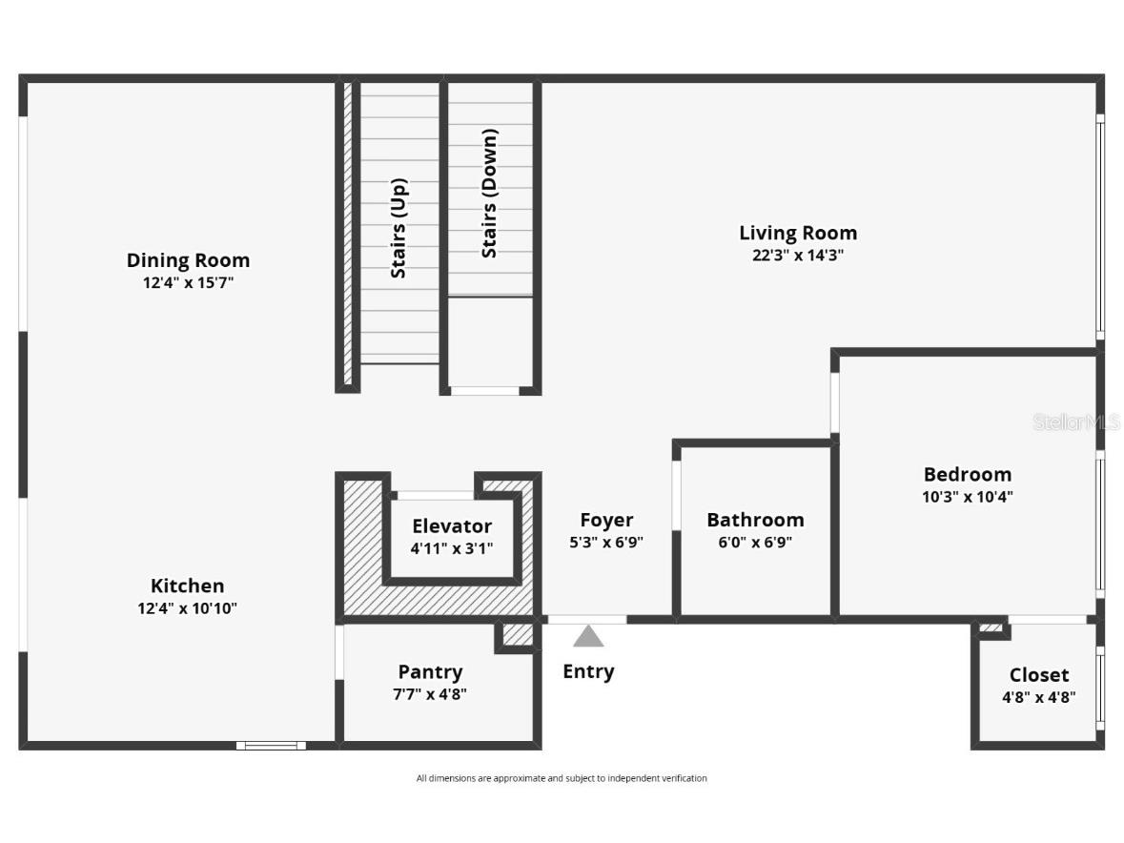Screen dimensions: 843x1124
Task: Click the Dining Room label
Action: click(188, 260)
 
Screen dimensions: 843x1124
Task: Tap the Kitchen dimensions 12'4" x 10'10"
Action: click(187, 608)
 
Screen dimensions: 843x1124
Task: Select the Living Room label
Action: click(798, 233)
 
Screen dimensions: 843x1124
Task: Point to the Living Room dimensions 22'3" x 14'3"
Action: click(798, 256)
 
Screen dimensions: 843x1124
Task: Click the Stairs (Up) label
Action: click(399, 229)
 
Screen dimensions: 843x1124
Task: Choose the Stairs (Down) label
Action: click(489, 194)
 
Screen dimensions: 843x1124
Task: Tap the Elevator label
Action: click(452, 525)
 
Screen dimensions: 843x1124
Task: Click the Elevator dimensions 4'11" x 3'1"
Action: click(452, 548)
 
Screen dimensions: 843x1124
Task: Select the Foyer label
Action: click(606, 520)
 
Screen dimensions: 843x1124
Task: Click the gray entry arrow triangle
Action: click(588, 637)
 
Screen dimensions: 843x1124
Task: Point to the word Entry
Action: click(588, 671)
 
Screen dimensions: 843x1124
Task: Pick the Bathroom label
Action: click(755, 520)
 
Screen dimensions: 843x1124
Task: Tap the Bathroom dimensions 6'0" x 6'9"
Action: click(755, 543)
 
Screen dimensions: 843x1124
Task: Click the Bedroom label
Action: click(967, 474)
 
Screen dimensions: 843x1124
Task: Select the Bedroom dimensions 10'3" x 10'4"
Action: click(967, 497)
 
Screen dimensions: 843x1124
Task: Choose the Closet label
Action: click(1039, 675)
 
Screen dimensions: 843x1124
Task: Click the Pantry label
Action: click(430, 672)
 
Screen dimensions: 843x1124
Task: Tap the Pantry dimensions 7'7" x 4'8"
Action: click(430, 694)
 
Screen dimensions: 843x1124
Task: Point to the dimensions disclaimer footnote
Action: click(562, 778)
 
